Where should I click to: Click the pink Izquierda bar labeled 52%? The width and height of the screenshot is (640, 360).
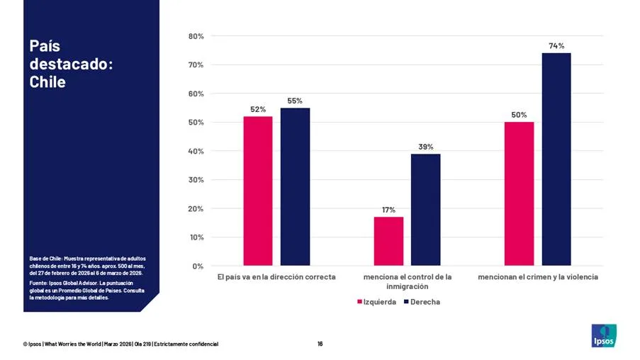pos(258,191)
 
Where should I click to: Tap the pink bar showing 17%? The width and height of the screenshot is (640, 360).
pos(388,241)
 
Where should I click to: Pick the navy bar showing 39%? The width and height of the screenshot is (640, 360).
pos(425,210)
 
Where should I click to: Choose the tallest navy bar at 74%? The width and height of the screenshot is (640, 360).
pos(556,159)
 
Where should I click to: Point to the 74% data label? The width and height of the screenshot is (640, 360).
pos(556,46)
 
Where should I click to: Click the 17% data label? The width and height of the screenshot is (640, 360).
pos(388,210)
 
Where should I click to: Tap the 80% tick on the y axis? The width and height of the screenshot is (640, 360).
pos(196,36)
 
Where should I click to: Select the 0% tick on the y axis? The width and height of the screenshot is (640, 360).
pos(198,266)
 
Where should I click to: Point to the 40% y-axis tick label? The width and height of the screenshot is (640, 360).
pos(196,151)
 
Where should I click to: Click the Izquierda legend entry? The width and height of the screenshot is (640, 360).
pos(376,302)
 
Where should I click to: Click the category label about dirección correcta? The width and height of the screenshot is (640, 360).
pos(276,276)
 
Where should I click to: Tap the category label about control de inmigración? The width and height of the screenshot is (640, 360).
pos(407,281)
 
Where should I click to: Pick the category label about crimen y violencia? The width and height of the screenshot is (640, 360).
pos(537,276)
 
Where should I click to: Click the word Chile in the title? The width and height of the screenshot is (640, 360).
pos(47,82)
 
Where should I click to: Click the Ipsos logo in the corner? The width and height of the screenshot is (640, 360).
pos(604,335)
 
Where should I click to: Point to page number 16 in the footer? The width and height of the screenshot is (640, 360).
pos(320,344)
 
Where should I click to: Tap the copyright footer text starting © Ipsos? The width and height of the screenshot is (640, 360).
pos(120,344)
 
